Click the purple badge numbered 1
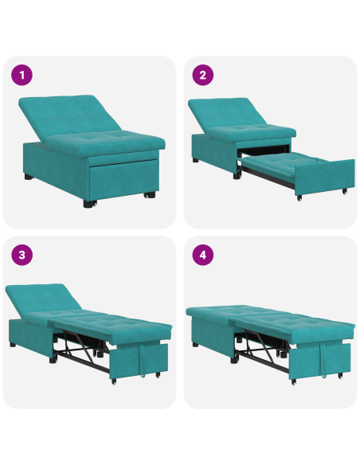point(22,76)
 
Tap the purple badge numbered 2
point(203,76)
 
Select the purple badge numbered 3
point(22,256)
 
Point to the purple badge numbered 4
point(203,256)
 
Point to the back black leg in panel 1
point(29,176)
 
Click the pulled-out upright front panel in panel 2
point(327,177)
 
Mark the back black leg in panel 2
point(195,160)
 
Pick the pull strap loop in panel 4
point(324,361)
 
